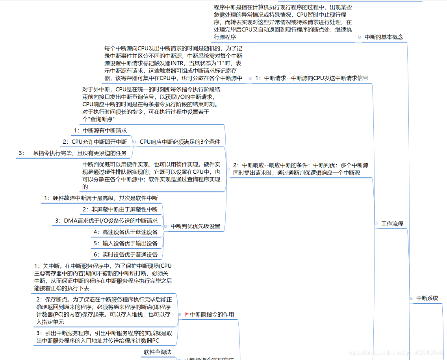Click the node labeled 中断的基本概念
(384, 37)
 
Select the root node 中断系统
(427, 298)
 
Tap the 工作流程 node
(392, 224)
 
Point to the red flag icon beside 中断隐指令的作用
(187, 314)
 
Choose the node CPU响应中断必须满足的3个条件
(180, 142)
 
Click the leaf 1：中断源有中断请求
(100, 130)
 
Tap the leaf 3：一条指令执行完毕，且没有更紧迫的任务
(72, 153)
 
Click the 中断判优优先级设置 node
(195, 226)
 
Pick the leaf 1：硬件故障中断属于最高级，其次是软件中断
(100, 198)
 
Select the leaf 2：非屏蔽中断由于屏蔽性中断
(120, 210)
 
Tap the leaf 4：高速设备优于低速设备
(125, 232)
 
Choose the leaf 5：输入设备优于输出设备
(125, 243)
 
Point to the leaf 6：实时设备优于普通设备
(125, 255)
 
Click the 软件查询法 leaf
(158, 352)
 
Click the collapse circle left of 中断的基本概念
(359, 37)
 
